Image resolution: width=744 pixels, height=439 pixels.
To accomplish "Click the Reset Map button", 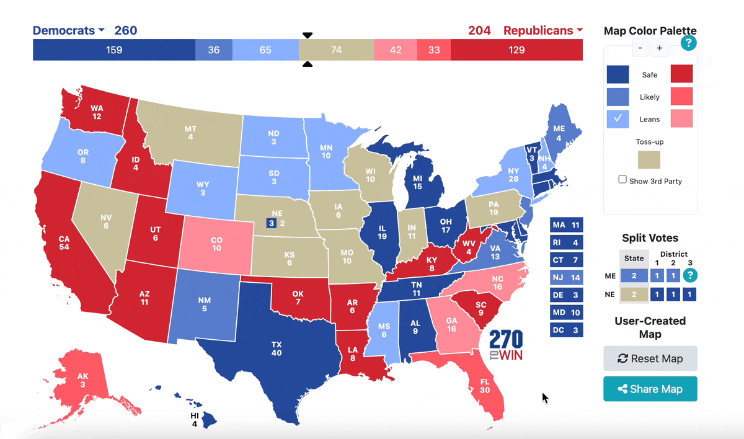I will click(650, 358).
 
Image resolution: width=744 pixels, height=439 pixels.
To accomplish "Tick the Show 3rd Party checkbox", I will click(622, 180).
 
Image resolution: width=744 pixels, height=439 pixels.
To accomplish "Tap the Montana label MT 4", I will click(190, 133).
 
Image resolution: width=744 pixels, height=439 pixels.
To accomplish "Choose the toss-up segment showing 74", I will click(336, 50).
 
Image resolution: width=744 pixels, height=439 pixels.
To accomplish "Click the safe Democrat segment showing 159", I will click(113, 50).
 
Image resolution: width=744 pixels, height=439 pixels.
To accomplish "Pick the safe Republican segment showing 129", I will click(516, 50).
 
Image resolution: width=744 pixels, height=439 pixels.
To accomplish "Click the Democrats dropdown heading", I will click(69, 30).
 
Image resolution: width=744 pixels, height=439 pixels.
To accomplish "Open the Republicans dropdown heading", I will click(543, 30).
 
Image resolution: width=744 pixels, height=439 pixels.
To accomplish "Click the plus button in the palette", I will click(660, 48).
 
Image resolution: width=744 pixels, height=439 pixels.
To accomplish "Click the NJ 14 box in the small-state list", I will click(567, 278).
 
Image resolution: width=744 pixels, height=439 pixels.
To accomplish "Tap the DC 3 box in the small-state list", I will click(567, 330).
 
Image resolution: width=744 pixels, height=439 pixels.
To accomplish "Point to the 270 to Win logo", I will click(506, 346).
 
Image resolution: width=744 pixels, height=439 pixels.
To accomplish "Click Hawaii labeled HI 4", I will click(195, 420).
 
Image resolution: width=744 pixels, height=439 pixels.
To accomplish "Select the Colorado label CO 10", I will click(216, 244).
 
